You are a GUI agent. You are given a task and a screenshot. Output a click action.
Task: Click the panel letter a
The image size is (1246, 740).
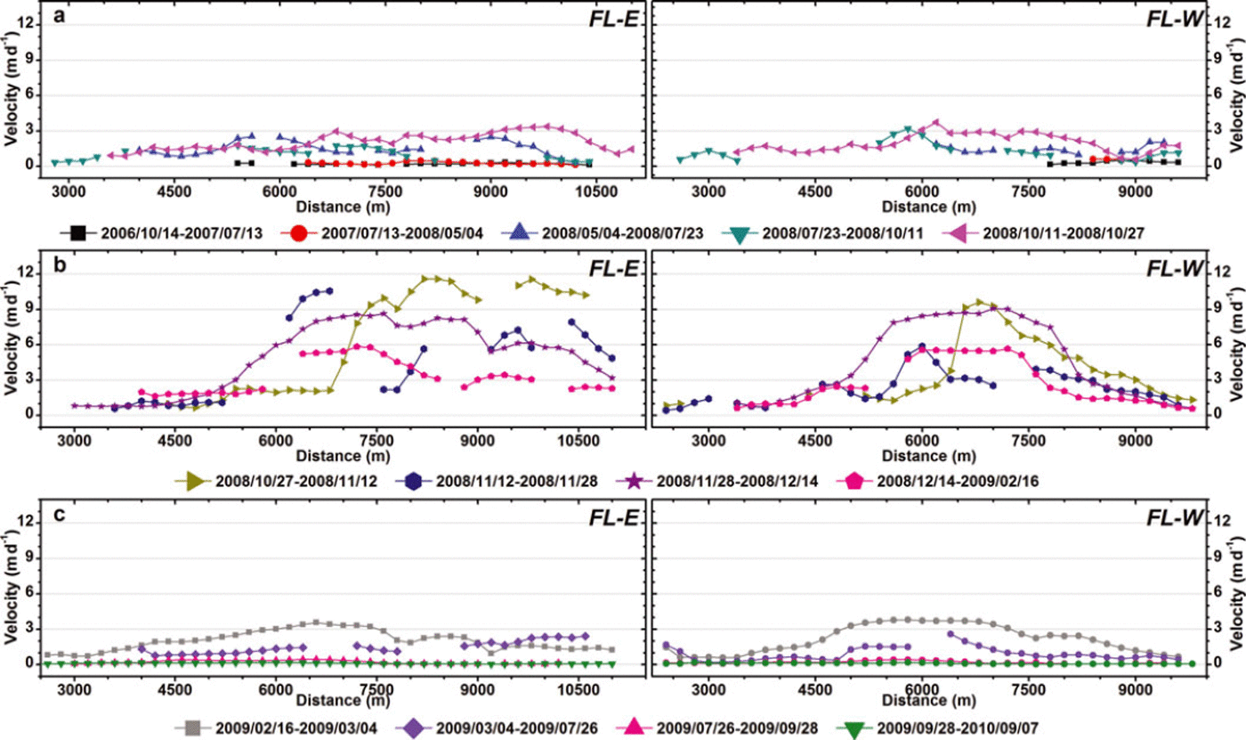point(56,16)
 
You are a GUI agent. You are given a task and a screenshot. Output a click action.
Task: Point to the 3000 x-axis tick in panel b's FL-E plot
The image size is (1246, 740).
point(74,439)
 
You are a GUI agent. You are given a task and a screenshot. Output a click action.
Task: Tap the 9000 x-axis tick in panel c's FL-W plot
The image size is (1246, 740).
point(1135,687)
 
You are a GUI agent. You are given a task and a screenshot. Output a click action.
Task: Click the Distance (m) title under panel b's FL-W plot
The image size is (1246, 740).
point(922,455)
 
